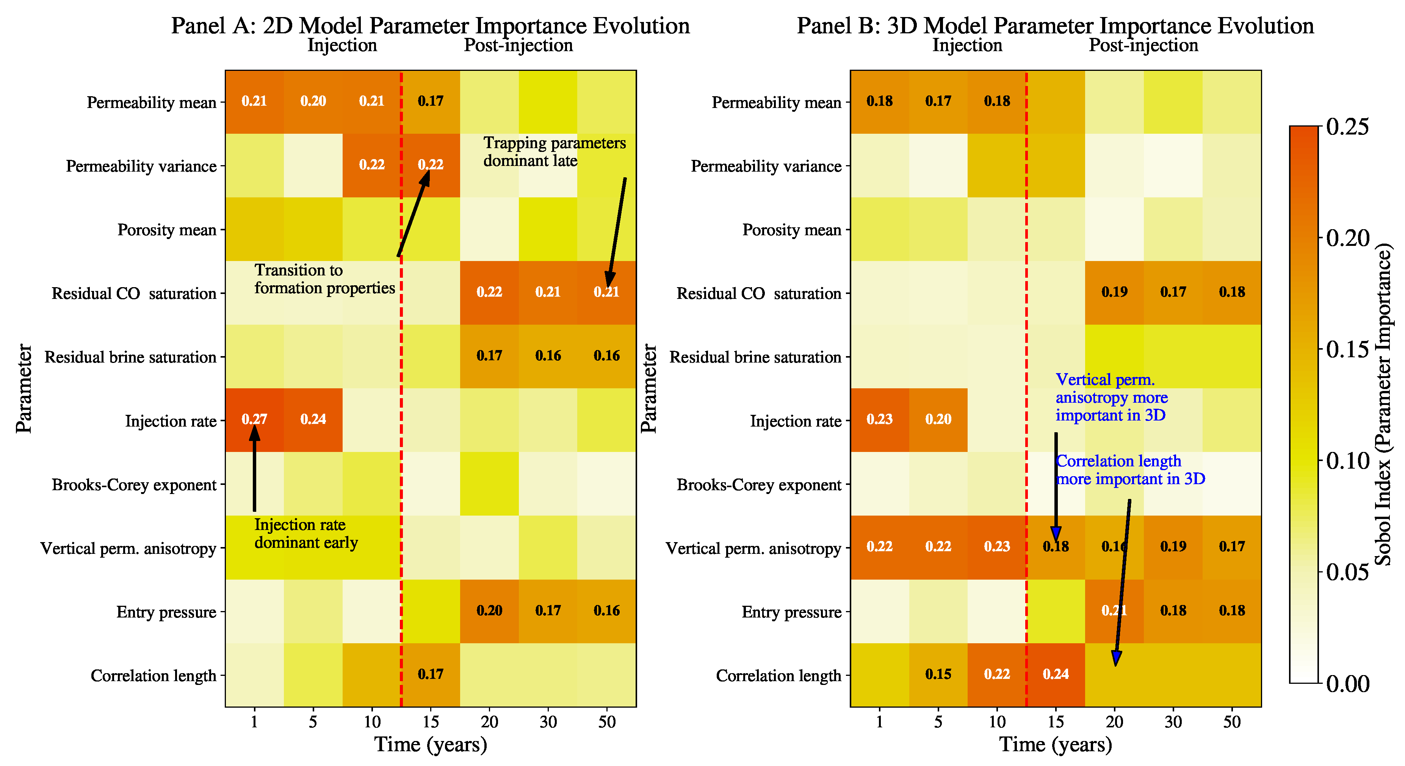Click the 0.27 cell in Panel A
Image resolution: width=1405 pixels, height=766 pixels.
click(x=254, y=419)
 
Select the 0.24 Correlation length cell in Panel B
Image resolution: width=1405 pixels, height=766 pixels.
click(x=1056, y=674)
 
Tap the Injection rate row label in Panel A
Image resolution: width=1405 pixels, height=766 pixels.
click(x=171, y=421)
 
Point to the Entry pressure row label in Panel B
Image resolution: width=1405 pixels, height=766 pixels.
click(x=791, y=612)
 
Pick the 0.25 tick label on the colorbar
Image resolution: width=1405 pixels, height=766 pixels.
click(x=1347, y=127)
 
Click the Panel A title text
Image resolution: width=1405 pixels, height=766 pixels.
click(x=430, y=26)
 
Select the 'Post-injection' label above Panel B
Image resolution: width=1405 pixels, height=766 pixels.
click(x=1143, y=45)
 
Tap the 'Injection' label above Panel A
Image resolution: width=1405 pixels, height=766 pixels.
click(x=342, y=45)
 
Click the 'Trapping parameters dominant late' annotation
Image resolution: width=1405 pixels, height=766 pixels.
click(x=554, y=152)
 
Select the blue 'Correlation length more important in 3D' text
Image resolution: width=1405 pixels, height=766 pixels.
click(x=1130, y=470)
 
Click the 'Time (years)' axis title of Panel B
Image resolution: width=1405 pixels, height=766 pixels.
click(x=1056, y=744)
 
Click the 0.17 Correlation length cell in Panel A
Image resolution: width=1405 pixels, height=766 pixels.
click(x=430, y=674)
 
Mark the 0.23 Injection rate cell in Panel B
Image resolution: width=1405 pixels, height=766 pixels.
click(x=879, y=419)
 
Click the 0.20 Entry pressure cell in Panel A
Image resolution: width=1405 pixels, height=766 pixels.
click(x=489, y=611)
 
